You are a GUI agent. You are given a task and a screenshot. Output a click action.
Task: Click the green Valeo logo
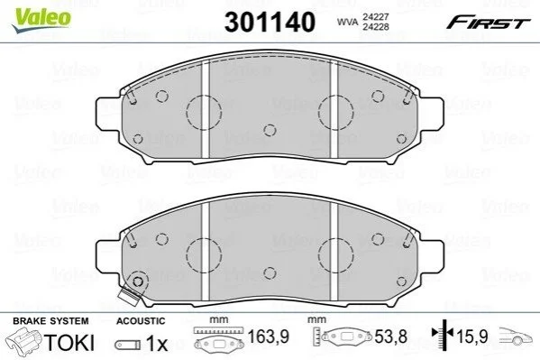(x=41, y=20)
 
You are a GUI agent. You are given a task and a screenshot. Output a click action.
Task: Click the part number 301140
(x=270, y=22)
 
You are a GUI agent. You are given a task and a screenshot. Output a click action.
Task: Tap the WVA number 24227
(x=375, y=17)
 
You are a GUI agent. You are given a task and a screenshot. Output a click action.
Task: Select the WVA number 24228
(x=375, y=27)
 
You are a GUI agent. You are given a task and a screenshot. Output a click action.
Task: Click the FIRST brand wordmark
(x=488, y=23)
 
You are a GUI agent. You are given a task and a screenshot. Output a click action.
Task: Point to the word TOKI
(x=69, y=342)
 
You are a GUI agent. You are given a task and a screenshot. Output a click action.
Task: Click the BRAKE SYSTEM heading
(x=50, y=321)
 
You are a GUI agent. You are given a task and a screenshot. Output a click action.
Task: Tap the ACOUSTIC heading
(x=141, y=321)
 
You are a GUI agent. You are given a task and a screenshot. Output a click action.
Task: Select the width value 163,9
(x=269, y=337)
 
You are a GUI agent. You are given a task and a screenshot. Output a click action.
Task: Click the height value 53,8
(x=391, y=337)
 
